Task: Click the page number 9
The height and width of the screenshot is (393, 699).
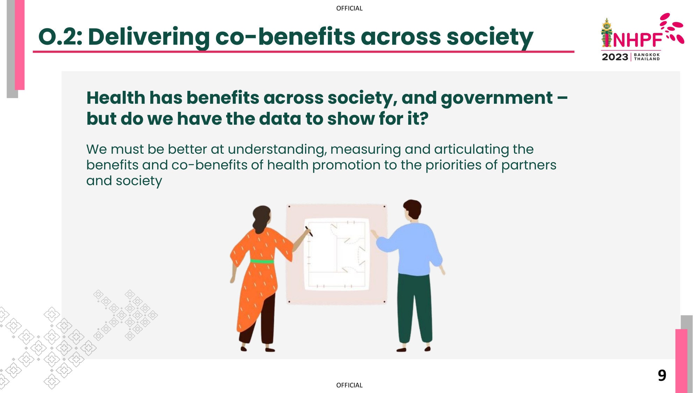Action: click(x=662, y=376)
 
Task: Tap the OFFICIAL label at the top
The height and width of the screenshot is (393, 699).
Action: click(x=349, y=8)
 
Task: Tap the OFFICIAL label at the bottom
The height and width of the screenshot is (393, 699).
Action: click(x=349, y=385)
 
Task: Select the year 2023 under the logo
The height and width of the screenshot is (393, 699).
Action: click(x=615, y=57)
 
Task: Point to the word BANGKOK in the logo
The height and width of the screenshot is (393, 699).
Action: click(x=647, y=55)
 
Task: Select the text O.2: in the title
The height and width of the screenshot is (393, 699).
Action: click(x=60, y=37)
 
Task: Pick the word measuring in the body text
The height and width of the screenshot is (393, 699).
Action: click(x=365, y=150)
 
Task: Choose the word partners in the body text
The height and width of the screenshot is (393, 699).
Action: click(x=528, y=165)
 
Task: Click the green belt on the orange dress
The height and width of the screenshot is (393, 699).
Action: click(x=262, y=261)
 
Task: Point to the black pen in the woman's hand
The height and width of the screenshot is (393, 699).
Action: click(x=309, y=231)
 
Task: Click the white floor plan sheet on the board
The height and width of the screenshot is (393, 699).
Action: click(x=337, y=254)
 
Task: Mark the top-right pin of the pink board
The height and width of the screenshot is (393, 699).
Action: click(x=384, y=207)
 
